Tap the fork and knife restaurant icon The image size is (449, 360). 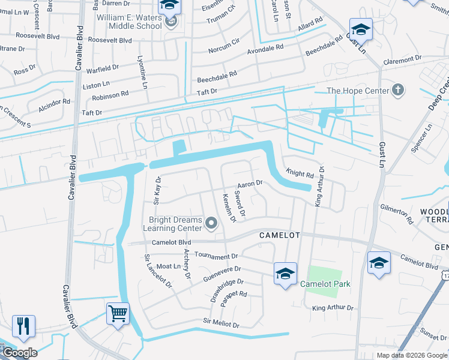[x=23, y=326]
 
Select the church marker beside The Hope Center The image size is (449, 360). [x=397, y=91]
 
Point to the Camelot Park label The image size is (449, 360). [x=325, y=284]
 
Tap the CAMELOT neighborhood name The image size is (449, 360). [x=279, y=235]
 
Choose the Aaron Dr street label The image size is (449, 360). [x=250, y=184]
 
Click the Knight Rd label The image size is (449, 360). [x=300, y=175]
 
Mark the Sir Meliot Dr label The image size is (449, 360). [x=221, y=324]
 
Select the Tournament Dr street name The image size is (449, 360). [x=215, y=256]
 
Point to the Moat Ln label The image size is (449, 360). [x=169, y=266]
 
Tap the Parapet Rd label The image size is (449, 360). [x=234, y=295]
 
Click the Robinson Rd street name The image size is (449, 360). [x=110, y=94]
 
